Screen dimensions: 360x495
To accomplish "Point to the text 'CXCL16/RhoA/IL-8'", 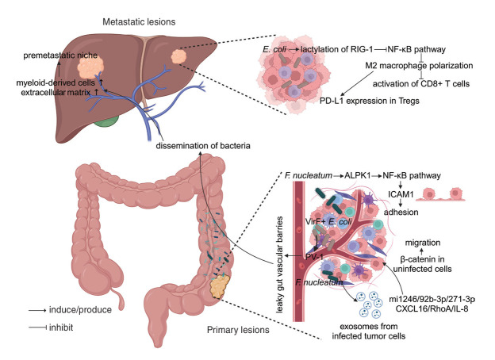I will (424, 303).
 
